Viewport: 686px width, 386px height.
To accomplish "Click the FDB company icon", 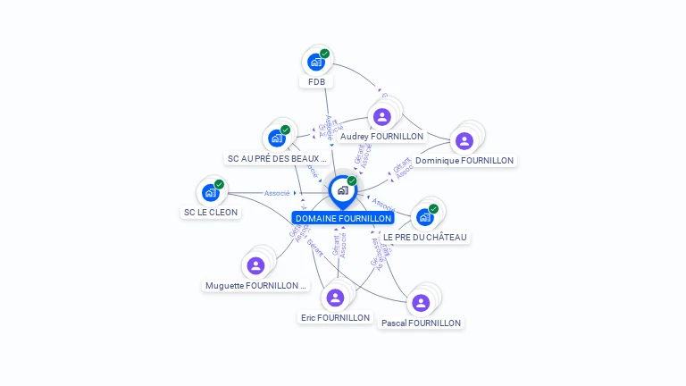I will (315, 62).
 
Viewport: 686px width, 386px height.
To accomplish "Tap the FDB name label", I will (316, 81).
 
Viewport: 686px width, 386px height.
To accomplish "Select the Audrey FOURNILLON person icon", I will (382, 116).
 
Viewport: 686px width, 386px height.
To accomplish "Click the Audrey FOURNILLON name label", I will (381, 137).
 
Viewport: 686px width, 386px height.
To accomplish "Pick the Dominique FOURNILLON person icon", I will (464, 140).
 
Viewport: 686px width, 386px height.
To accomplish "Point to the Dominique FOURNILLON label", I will (464, 161).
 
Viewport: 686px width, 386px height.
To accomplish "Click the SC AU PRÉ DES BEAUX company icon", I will (276, 138).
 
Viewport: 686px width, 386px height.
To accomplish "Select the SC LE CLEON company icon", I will (211, 192).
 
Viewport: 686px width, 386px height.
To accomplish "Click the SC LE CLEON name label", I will (211, 213).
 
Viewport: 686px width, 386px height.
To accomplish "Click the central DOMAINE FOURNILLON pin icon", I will (341, 190).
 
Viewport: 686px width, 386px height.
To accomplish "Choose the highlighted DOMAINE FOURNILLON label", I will (343, 218).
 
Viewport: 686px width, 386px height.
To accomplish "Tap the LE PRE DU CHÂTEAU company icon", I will (425, 217).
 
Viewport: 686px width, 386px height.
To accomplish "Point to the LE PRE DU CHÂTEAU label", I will (425, 237).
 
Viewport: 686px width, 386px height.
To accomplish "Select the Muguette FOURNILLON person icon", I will (255, 265).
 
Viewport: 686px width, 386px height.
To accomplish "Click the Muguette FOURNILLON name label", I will (255, 286).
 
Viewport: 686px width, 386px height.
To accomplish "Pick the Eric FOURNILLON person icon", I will (336, 297).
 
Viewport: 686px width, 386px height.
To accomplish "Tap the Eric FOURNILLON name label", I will (336, 317).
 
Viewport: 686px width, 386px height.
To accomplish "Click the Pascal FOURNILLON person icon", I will (421, 303).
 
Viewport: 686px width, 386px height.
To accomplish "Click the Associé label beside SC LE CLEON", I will (277, 193).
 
